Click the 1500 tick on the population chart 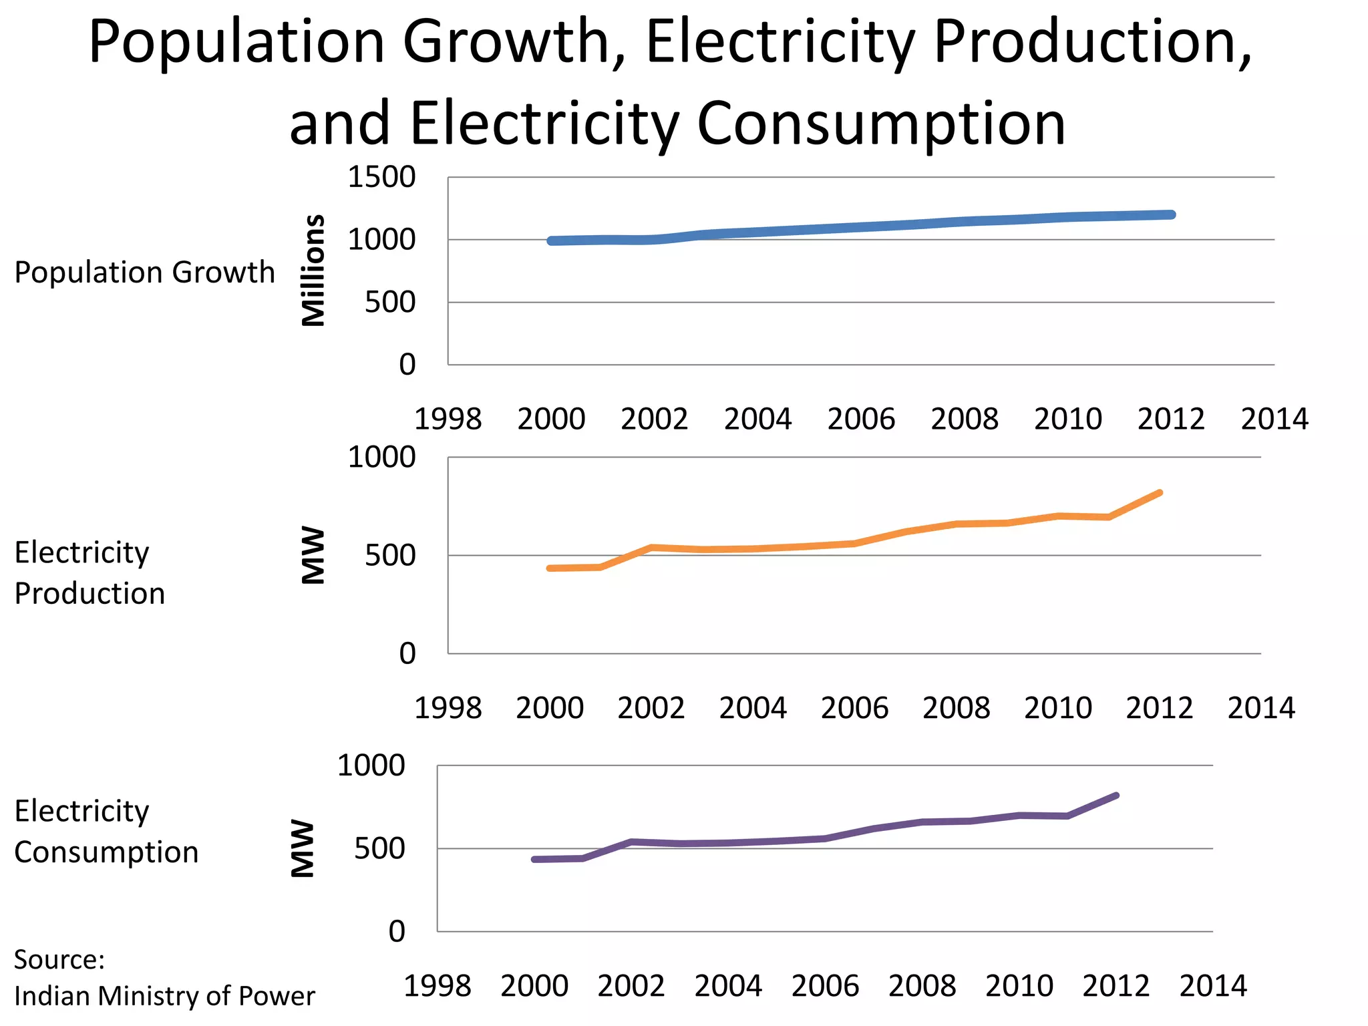pyautogui.click(x=381, y=178)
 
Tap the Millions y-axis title pyautogui.click(x=313, y=271)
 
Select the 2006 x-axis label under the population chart pyautogui.click(x=861, y=419)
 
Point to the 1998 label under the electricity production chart pyautogui.click(x=448, y=708)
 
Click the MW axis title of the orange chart pyautogui.click(x=313, y=556)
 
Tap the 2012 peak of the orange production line pyautogui.click(x=1160, y=493)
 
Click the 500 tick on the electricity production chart pyautogui.click(x=390, y=556)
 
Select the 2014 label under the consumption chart pyautogui.click(x=1213, y=987)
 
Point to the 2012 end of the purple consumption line pyautogui.click(x=1116, y=796)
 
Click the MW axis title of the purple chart pyautogui.click(x=302, y=848)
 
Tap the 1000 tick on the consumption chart pyautogui.click(x=371, y=766)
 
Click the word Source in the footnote pyautogui.click(x=57, y=960)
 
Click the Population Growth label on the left pyautogui.click(x=144, y=273)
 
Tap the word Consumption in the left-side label pyautogui.click(x=106, y=852)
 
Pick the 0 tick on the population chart pyautogui.click(x=407, y=365)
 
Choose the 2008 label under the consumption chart pyautogui.click(x=922, y=987)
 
